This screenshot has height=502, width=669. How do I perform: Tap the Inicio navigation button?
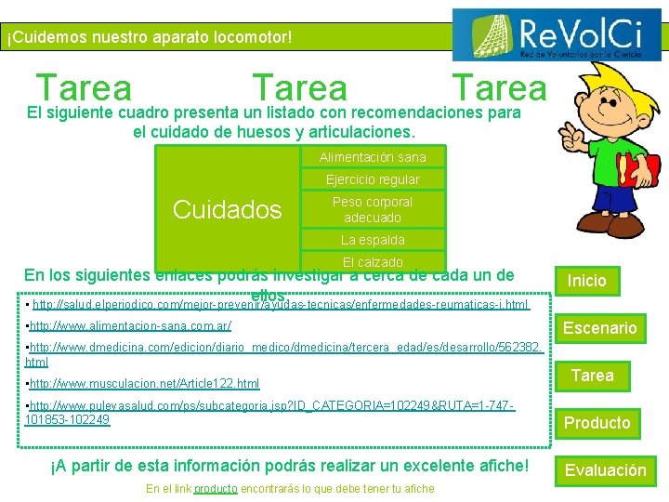point(586,281)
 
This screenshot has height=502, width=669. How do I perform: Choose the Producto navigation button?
point(597,423)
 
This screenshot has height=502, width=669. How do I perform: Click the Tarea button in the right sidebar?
point(592,376)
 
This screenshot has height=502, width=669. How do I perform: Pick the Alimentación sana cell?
point(373,157)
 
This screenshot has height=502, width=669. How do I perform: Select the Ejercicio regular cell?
point(373,179)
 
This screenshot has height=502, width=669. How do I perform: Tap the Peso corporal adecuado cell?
point(373,209)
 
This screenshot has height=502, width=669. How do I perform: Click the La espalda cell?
point(373,240)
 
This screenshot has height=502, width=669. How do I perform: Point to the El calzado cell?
point(373,262)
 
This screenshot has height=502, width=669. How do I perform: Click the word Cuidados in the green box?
point(228,210)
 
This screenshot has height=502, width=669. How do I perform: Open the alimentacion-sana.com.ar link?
point(131,326)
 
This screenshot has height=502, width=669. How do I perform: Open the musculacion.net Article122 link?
point(145,383)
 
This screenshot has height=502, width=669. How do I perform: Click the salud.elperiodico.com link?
point(279,305)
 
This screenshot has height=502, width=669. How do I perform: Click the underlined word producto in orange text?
point(216,489)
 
